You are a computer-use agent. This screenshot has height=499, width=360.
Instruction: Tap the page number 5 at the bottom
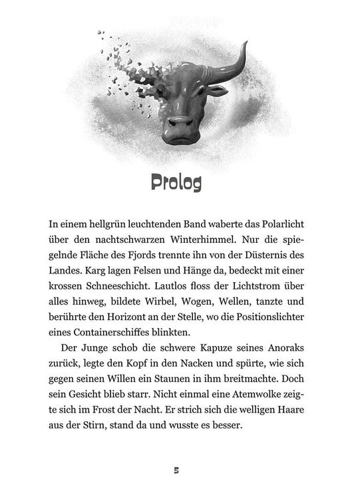tap(176, 470)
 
